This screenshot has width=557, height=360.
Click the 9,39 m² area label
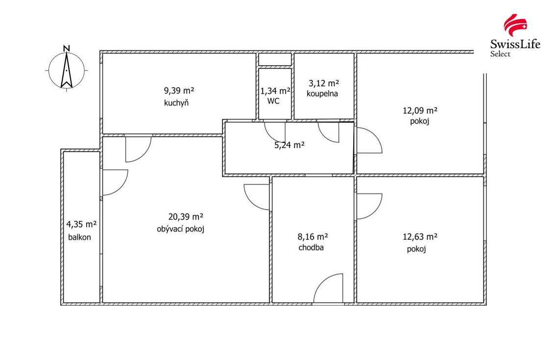(x=179, y=91)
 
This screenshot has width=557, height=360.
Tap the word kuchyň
(x=177, y=103)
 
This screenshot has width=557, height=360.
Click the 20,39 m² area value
(x=186, y=216)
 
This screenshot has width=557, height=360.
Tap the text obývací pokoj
(x=180, y=229)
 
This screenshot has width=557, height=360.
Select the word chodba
(x=311, y=247)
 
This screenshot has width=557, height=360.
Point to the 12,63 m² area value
(x=420, y=237)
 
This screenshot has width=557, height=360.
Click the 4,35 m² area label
(x=81, y=225)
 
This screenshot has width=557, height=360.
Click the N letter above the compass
(x=67, y=48)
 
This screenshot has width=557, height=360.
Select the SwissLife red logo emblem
(x=515, y=26)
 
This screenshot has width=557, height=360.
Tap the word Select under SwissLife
(x=501, y=54)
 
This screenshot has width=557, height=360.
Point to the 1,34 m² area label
(x=275, y=91)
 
